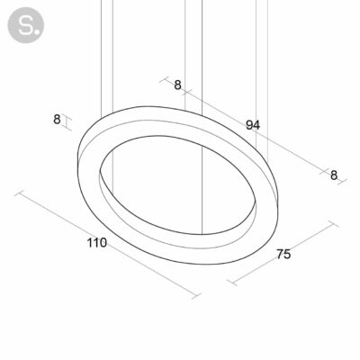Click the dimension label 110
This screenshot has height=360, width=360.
[97, 243]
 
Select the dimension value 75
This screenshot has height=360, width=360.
[283, 254]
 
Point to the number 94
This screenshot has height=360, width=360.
[253, 125]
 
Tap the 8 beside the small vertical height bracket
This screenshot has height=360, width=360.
[57, 120]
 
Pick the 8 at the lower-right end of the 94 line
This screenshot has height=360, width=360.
[334, 175]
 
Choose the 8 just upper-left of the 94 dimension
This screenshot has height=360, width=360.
[177, 85]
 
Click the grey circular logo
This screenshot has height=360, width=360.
[26, 25]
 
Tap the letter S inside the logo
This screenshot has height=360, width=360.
[24, 25]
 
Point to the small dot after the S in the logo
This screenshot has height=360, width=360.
[36, 31]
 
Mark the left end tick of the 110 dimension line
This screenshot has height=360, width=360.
[19, 193]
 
